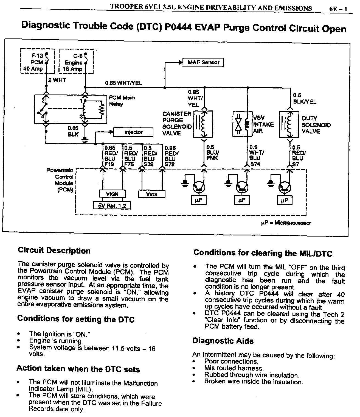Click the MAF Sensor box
(x=204, y=62)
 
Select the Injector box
(x=134, y=132)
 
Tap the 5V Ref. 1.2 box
(x=112, y=205)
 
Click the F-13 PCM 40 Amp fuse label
(x=35, y=62)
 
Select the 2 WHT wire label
(x=57, y=80)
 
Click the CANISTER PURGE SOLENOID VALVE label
(x=177, y=123)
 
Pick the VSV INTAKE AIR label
(x=263, y=124)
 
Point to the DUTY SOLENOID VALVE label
(x=316, y=125)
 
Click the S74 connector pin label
(x=255, y=164)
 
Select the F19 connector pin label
(x=109, y=164)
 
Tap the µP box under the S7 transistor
(x=285, y=201)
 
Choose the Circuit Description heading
(x=54, y=251)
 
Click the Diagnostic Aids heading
(x=223, y=341)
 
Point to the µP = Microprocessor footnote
(x=286, y=223)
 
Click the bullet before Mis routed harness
(x=195, y=368)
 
